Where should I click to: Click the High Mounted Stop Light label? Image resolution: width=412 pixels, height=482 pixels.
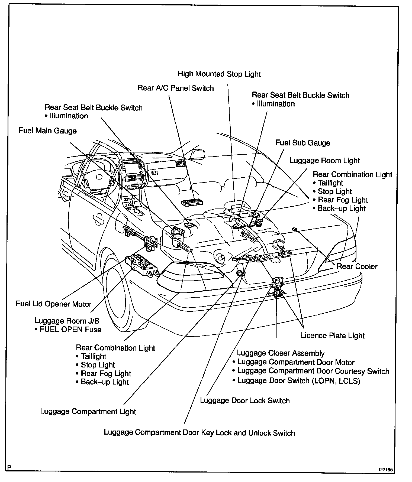(219, 74)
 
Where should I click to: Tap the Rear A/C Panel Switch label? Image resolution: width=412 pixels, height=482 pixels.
(176, 88)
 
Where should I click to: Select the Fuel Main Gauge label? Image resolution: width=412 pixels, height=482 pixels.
(48, 131)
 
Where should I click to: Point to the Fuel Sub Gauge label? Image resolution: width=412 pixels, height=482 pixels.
(303, 143)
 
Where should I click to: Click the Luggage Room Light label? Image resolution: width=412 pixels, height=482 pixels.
(324, 160)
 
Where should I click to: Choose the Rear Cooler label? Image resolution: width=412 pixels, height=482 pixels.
(357, 266)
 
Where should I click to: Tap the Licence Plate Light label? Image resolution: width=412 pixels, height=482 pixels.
(333, 336)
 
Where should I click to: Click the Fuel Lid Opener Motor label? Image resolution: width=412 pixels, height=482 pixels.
(54, 304)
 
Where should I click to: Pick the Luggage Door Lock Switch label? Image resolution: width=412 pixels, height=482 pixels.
(245, 400)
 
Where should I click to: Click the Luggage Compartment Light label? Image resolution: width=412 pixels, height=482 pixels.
(88, 412)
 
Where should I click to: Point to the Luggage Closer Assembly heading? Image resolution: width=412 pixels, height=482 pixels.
(281, 353)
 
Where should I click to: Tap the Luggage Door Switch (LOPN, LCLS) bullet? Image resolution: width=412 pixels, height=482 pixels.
(298, 380)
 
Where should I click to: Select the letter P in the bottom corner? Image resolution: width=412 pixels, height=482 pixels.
(10, 467)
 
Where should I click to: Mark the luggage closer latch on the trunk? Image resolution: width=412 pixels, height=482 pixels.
(277, 287)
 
